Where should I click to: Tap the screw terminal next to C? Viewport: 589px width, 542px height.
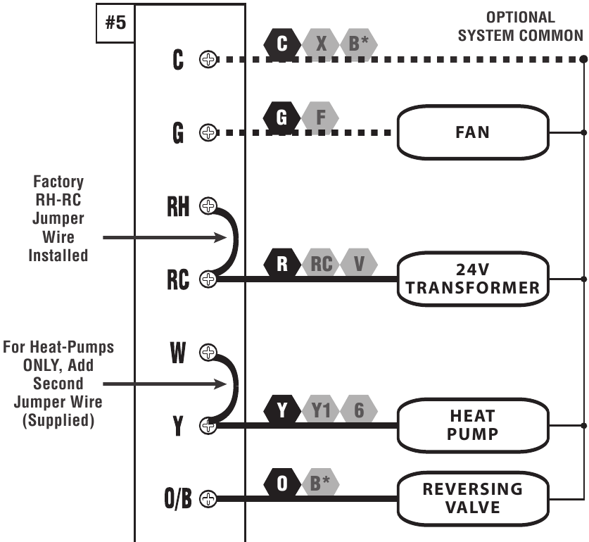(x=208, y=60)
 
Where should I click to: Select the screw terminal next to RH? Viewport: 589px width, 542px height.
(x=208, y=206)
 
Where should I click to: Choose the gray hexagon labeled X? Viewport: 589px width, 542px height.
(x=321, y=44)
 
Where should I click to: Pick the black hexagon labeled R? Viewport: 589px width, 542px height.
(x=282, y=264)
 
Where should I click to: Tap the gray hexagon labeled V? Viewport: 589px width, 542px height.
(x=359, y=264)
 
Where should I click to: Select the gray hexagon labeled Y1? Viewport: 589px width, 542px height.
(x=321, y=410)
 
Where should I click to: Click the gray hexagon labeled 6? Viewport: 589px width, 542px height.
(x=359, y=410)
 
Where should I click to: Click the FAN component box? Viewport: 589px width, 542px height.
(x=472, y=132)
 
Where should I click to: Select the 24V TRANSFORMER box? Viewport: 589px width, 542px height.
(x=472, y=279)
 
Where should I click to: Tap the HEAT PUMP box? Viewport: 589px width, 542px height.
(x=472, y=425)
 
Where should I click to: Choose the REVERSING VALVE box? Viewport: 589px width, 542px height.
(x=472, y=498)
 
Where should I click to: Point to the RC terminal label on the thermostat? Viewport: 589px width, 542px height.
(x=178, y=279)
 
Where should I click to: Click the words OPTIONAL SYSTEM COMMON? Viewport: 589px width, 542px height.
(x=520, y=27)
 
